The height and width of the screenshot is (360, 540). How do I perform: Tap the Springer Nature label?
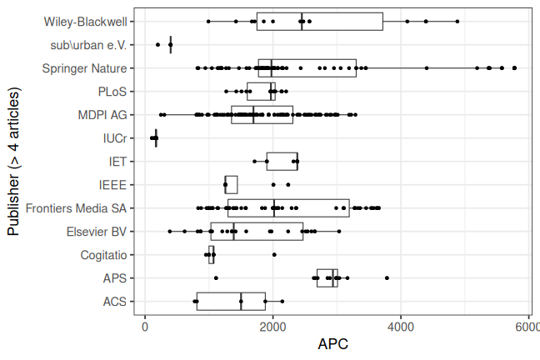pos(84,67)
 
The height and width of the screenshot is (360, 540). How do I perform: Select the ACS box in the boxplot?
pos(231,301)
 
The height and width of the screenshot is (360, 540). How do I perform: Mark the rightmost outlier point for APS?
pos(387,277)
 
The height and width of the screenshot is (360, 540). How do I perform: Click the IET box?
pos(282,161)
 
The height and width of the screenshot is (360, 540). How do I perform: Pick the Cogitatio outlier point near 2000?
pos(274,254)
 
